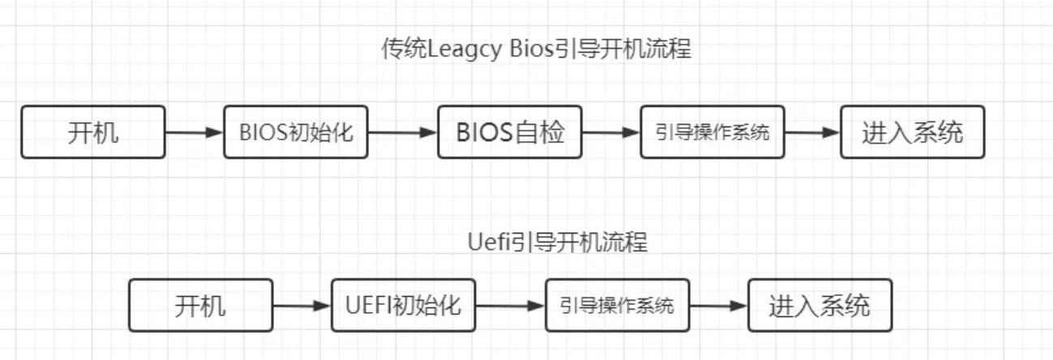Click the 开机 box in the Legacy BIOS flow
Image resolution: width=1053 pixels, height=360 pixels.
pyautogui.click(x=93, y=131)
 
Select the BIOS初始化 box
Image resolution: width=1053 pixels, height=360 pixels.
pyautogui.click(x=296, y=131)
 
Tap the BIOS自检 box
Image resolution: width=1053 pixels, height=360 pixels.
pyautogui.click(x=510, y=131)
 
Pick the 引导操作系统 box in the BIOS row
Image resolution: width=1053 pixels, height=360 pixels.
pyautogui.click(x=713, y=131)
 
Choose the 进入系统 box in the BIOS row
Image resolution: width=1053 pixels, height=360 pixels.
pyautogui.click(x=912, y=131)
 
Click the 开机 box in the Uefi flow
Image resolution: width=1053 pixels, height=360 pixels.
pyautogui.click(x=200, y=306)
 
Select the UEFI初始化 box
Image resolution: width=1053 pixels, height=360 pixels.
pyautogui.click(x=403, y=306)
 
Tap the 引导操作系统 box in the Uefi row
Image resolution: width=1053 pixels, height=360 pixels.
pyautogui.click(x=617, y=306)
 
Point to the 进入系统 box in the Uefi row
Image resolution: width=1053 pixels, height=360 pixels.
pyautogui.click(x=820, y=306)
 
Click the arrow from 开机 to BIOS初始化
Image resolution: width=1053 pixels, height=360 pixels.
pyautogui.click(x=195, y=131)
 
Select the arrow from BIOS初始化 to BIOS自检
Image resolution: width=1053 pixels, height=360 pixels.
pyautogui.click(x=402, y=131)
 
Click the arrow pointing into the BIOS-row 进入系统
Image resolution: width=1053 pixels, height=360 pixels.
pyautogui.click(x=812, y=131)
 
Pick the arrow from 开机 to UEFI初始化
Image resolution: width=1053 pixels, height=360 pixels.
pyautogui.click(x=302, y=306)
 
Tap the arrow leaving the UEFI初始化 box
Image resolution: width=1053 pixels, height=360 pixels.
pyautogui.click(x=510, y=306)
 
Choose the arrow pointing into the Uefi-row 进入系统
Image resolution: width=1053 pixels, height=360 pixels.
pyautogui.click(x=718, y=306)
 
